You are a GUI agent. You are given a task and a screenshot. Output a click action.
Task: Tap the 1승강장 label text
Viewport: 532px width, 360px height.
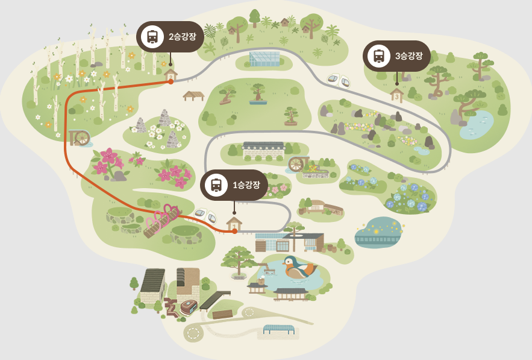246,185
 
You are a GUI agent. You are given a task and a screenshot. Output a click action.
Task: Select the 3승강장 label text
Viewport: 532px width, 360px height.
408,56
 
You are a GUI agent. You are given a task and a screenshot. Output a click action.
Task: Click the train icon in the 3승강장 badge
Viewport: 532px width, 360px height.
379,56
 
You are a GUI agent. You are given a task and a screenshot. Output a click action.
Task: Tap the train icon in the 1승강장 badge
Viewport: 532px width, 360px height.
216,185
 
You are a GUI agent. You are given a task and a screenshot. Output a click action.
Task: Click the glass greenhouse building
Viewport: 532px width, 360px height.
264,58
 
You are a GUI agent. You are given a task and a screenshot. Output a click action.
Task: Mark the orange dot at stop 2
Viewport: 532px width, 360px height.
171,81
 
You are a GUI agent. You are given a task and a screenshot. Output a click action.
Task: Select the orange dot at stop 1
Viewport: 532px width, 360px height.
234,231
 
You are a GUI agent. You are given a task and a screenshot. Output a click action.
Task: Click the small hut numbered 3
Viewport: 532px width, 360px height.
396,95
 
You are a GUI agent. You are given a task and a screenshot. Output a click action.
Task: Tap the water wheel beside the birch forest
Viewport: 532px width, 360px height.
80,138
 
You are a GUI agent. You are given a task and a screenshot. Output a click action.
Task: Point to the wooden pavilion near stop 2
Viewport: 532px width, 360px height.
193,95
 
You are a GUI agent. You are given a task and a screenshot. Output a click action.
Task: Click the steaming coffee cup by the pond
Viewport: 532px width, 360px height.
261,279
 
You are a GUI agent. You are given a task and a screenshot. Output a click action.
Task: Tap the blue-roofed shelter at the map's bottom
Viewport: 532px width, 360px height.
278,329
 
